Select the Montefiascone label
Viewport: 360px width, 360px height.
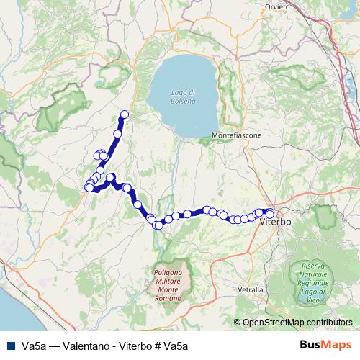tap(237, 135)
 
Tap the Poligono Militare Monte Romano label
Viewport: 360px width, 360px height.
tap(168, 281)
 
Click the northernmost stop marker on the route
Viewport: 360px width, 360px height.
tap(125, 114)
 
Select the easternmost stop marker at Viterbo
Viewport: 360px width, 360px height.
tap(270, 212)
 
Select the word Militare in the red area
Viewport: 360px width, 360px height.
tap(168, 281)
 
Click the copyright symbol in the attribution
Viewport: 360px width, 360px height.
tap(237, 323)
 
